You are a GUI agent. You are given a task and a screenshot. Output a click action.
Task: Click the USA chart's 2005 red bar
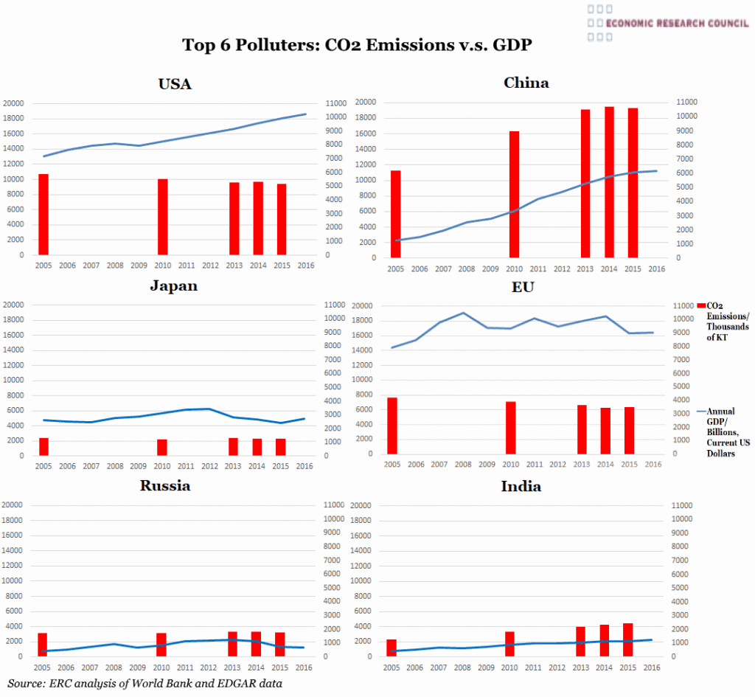(x=44, y=215)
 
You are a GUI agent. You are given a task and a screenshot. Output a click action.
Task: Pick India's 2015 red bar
(x=627, y=639)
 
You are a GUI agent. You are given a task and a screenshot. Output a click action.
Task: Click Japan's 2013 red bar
(x=234, y=446)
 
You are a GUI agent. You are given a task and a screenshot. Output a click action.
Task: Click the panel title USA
(x=175, y=84)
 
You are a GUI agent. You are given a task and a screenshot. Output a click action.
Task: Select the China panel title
(x=526, y=83)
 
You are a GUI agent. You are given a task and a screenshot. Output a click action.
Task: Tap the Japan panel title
(x=173, y=286)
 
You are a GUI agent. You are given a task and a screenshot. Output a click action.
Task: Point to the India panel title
(x=521, y=486)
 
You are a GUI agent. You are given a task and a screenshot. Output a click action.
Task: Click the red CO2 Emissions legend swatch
(x=700, y=305)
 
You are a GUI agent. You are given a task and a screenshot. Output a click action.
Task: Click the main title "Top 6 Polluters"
(x=357, y=45)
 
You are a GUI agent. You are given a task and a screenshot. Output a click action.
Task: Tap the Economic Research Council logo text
(x=677, y=22)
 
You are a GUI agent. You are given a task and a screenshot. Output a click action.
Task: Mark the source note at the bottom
(x=145, y=683)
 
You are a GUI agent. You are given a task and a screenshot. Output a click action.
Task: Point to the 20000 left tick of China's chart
(x=366, y=102)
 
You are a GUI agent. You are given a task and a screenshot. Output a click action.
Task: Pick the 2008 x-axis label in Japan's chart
(x=114, y=466)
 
